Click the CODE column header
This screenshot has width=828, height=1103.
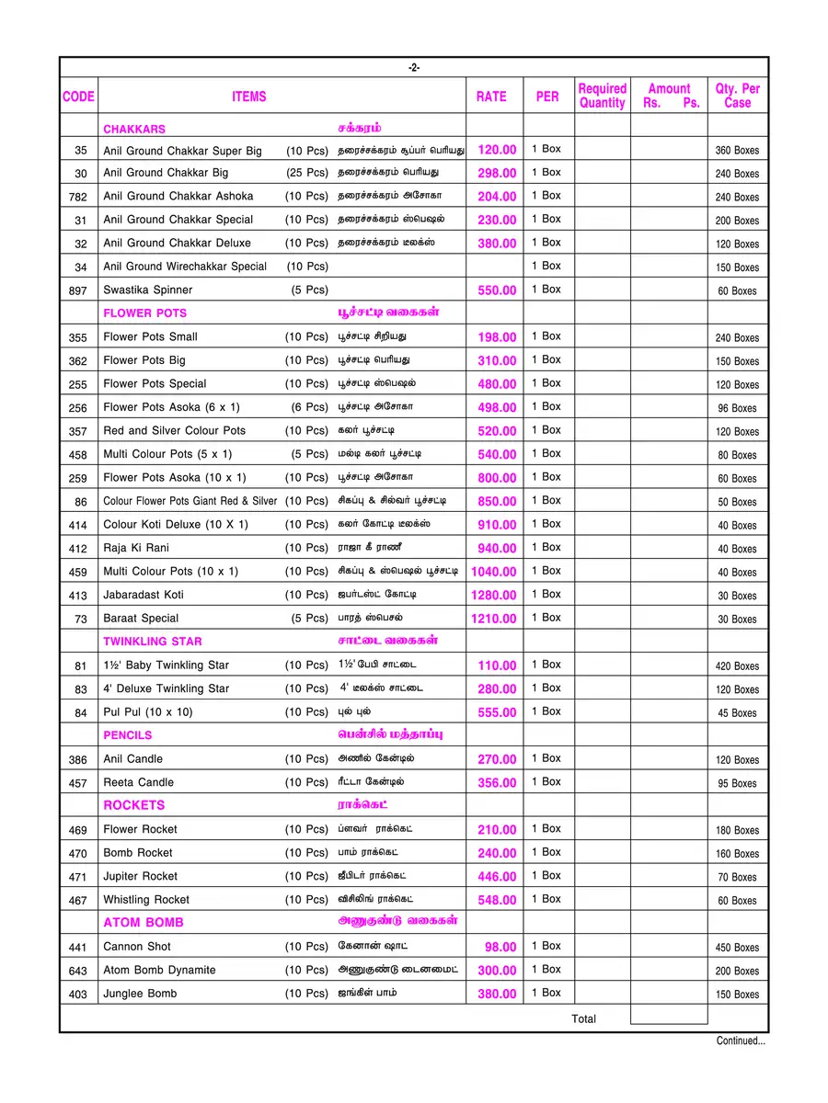point(78,97)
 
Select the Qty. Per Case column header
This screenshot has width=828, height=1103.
point(737,97)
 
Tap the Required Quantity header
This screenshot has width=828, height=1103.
point(602,97)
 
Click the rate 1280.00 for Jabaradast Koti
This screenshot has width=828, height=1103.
point(494,596)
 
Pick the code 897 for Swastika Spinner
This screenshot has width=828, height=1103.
point(78,290)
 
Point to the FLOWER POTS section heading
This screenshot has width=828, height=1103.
point(144,313)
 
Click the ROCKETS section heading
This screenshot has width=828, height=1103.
point(134,805)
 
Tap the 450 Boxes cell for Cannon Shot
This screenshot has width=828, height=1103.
point(737,948)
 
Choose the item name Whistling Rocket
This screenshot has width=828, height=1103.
point(146,900)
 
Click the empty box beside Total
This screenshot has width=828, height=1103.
point(668,1016)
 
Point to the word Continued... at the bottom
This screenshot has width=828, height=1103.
point(741,1041)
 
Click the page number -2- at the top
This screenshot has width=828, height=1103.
point(414,68)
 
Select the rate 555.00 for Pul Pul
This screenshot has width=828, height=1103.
point(497,712)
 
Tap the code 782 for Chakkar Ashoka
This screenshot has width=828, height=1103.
point(78,197)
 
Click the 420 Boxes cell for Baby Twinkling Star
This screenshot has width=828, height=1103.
point(737,666)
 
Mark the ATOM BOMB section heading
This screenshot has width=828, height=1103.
point(144,923)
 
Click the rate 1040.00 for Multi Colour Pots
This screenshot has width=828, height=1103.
point(494,572)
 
